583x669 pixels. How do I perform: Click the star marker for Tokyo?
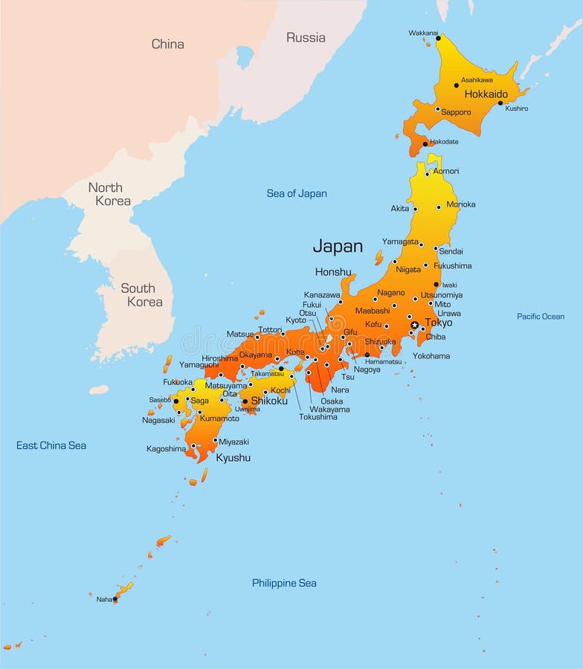[414, 325]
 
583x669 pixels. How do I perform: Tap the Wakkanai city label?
[423, 33]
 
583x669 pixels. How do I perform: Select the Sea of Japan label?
[297, 193]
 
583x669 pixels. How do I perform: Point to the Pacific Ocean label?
[541, 317]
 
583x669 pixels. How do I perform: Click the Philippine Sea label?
[284, 583]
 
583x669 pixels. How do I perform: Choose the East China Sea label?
[51, 445]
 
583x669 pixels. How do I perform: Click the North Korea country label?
[109, 194]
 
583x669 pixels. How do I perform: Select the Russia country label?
[306, 37]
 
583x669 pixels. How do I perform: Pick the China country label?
[167, 44]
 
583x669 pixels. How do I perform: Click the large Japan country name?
[338, 246]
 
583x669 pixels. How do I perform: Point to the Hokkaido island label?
[486, 94]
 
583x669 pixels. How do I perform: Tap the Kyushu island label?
[233, 458]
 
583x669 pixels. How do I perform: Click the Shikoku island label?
[269, 401]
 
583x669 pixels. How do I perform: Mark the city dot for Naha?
[115, 599]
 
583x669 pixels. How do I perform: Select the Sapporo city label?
[456, 112]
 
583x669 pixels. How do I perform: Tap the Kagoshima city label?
[166, 448]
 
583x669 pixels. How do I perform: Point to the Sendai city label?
[451, 251]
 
